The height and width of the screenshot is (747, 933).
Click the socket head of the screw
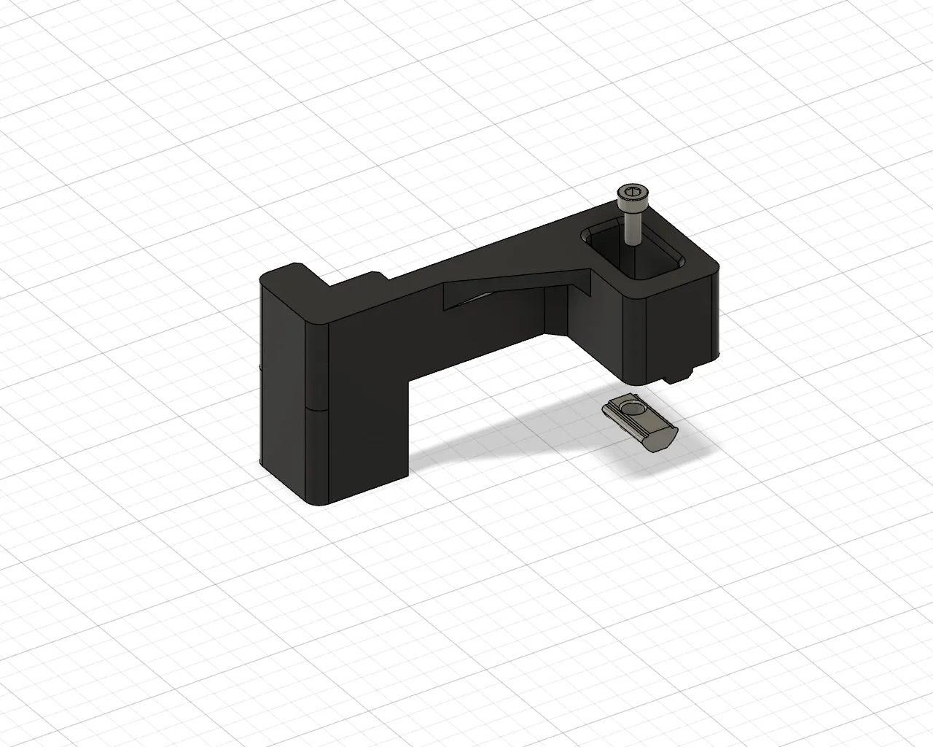coord(631,196)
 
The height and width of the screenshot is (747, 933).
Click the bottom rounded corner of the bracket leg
coord(321,503)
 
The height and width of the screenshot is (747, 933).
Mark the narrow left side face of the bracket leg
coord(281,379)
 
